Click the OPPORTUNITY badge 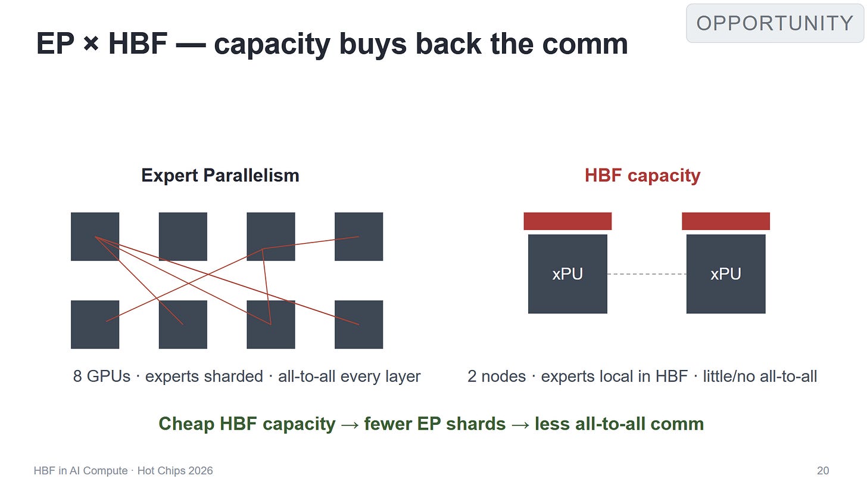[x=775, y=23]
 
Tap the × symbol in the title [x=91, y=43]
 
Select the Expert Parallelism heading [x=220, y=176]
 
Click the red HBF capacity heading [x=643, y=176]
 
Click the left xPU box [x=567, y=274]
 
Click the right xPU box [x=726, y=274]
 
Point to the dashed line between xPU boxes [x=647, y=274]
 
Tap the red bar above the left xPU [x=567, y=221]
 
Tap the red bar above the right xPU [x=726, y=221]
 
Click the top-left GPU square [x=95, y=237]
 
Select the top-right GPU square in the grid [x=359, y=237]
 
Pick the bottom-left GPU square [x=95, y=324]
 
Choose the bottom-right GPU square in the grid [x=359, y=324]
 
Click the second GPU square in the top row [x=183, y=237]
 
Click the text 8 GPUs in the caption [x=102, y=377]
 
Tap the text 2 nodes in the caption [x=497, y=377]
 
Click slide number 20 [x=823, y=471]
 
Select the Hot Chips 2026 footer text [x=175, y=471]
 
